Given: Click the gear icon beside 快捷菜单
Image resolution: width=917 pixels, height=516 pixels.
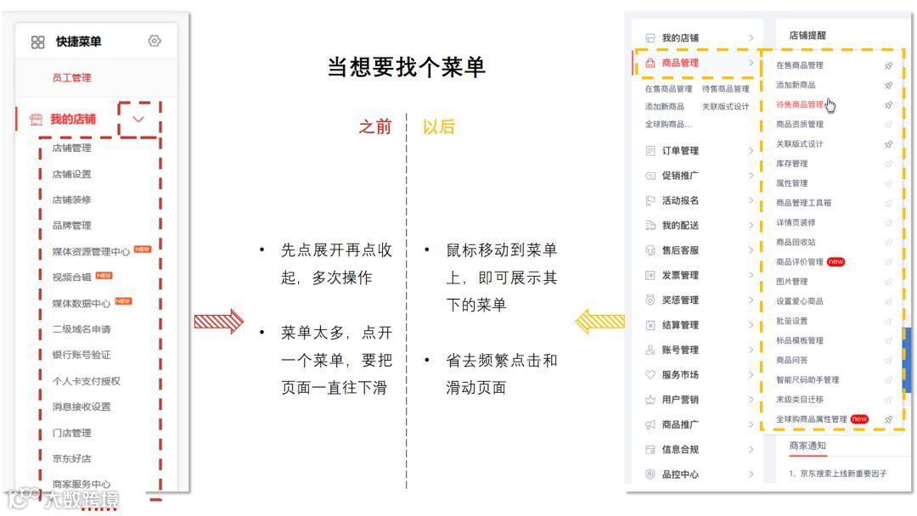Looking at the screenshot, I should [x=155, y=41].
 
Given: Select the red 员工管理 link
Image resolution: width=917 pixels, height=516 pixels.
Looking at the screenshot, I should [x=71, y=78].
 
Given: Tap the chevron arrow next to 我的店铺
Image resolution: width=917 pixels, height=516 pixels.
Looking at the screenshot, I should [x=138, y=120].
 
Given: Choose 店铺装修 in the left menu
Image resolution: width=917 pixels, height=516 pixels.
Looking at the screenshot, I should [x=71, y=200].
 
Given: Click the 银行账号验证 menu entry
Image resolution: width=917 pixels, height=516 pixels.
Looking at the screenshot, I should [x=82, y=355].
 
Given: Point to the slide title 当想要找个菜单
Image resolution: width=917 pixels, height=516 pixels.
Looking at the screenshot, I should [x=406, y=68].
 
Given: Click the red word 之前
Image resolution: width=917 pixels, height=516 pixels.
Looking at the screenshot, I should [x=375, y=127].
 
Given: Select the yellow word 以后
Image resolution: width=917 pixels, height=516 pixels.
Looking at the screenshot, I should [x=439, y=127].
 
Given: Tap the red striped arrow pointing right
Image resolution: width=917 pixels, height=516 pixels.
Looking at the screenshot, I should [x=218, y=322].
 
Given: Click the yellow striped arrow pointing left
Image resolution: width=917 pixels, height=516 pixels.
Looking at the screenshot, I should [x=600, y=322].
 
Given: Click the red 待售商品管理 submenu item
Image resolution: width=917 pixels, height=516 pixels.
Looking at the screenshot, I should [x=800, y=104].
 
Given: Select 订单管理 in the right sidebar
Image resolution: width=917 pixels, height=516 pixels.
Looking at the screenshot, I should [x=680, y=151].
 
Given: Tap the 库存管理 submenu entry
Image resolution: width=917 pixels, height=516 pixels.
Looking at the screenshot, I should [x=792, y=164].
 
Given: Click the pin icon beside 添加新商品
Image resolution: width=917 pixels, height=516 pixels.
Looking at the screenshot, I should [x=888, y=85].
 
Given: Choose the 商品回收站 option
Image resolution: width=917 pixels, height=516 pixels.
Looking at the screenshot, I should [x=796, y=243].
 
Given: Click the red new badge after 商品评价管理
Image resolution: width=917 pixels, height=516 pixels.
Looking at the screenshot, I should [x=836, y=262].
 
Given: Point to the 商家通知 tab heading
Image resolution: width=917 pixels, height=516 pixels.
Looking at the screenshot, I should [x=807, y=446].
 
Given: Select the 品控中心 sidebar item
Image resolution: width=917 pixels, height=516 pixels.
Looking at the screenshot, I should [x=680, y=474].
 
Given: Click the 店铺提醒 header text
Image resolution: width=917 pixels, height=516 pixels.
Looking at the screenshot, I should [x=807, y=36].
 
